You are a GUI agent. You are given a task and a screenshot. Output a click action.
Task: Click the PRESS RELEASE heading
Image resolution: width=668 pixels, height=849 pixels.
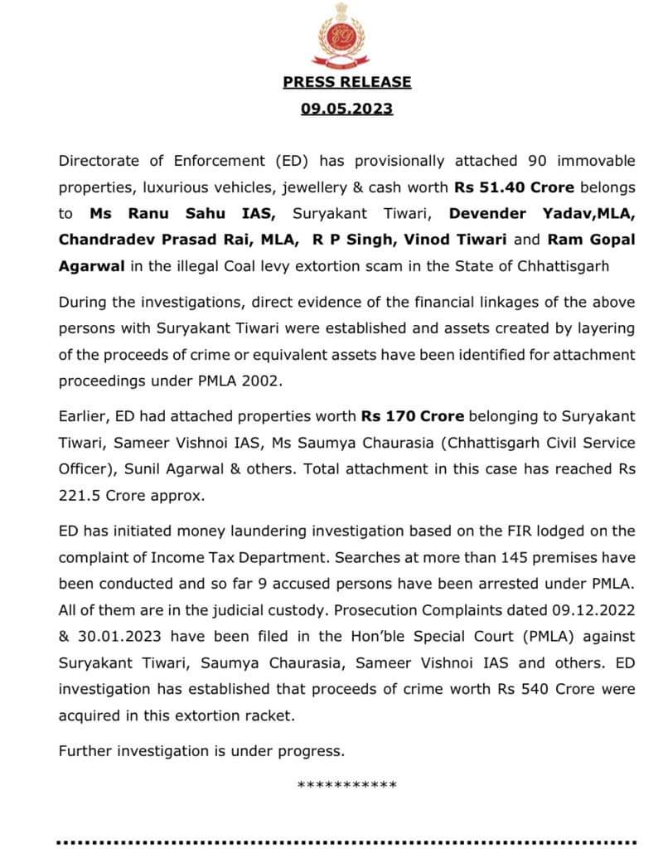[346, 82]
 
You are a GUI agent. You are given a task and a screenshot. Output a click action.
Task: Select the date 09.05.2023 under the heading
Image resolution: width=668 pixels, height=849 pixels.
[346, 109]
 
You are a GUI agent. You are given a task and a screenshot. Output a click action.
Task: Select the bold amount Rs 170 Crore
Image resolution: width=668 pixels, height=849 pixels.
[412, 415]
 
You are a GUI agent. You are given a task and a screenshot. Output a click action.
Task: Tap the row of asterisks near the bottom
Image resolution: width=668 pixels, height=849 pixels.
[346, 785]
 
